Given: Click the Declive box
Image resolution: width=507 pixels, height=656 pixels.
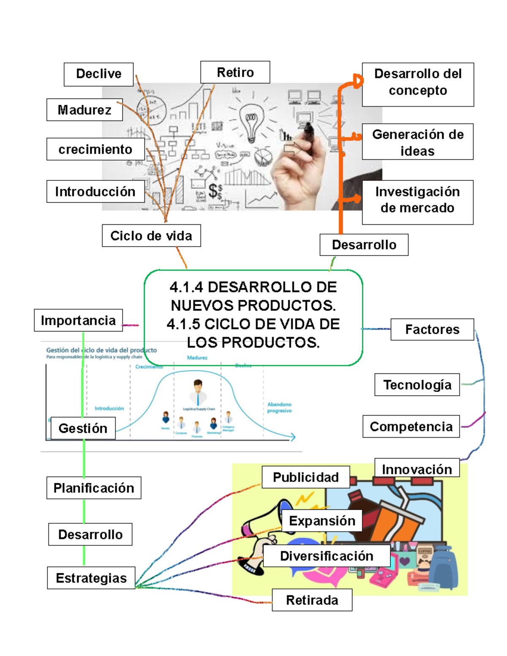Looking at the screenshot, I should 98,74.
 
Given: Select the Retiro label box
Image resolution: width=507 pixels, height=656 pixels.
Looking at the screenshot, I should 235,72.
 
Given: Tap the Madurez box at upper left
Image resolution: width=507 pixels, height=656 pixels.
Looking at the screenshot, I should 84,110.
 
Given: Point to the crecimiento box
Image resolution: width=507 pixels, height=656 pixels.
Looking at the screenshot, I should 95,149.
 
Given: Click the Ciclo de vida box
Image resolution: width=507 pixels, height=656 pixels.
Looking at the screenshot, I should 151,236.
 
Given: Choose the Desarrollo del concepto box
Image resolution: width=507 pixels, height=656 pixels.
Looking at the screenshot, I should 418,84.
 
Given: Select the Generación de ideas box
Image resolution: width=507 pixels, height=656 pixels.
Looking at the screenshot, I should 417,142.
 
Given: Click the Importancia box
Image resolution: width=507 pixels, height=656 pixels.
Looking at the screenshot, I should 78,321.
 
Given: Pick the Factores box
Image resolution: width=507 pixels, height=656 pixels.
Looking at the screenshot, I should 432,329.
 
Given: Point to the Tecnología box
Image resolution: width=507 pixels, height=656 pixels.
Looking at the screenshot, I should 417,385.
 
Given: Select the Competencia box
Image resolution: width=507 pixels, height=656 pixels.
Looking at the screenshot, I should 411,427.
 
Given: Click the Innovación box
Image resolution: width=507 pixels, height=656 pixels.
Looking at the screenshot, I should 417,468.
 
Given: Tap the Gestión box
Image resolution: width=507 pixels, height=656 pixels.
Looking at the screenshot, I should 83,428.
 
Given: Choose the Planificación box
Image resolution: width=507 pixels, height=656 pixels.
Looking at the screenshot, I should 94,488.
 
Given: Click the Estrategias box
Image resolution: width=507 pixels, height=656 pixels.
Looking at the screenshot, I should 91,578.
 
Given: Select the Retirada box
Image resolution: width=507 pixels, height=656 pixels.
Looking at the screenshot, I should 312,600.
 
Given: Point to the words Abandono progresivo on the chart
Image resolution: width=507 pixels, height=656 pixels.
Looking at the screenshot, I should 279,407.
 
